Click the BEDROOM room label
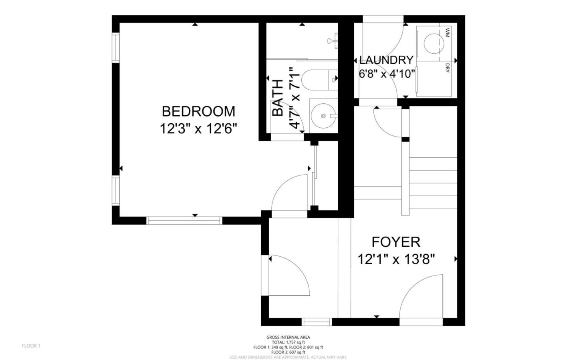click(198, 111)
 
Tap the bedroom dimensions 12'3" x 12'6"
click(198, 129)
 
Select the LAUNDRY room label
click(386, 60)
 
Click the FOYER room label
click(396, 242)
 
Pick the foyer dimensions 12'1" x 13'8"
click(396, 259)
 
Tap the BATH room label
click(278, 98)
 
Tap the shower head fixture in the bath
click(332, 41)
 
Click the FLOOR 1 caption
click(31, 346)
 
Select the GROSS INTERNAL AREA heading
click(288, 337)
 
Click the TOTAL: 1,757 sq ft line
click(288, 342)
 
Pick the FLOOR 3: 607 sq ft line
click(288, 352)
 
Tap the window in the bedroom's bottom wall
click(184, 220)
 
